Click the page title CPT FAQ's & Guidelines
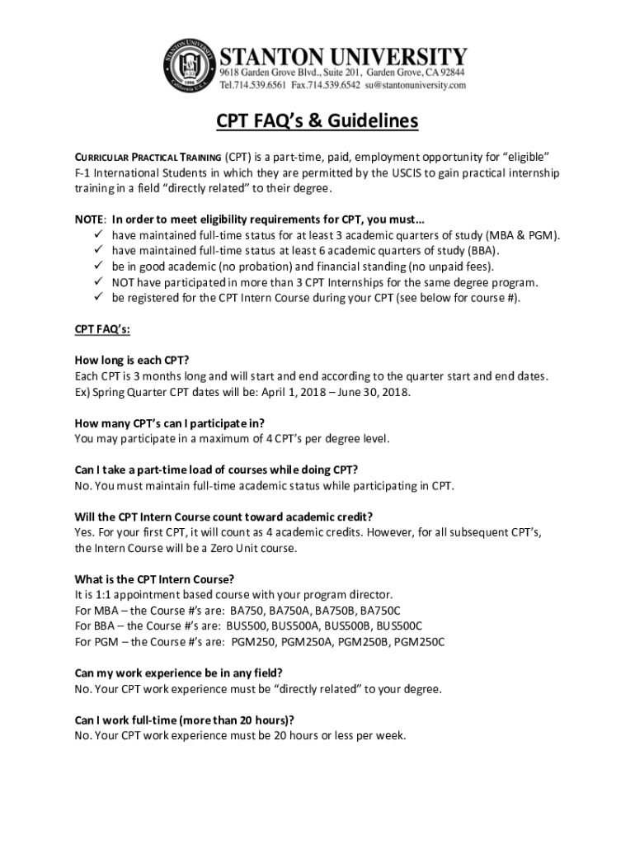(317, 122)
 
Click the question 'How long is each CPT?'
(131, 360)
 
